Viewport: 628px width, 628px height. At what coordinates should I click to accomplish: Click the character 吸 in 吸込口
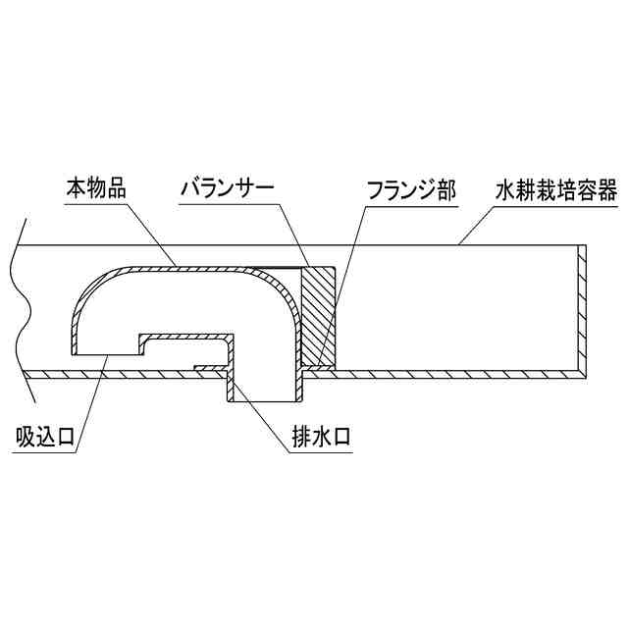pyautogui.click(x=26, y=436)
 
